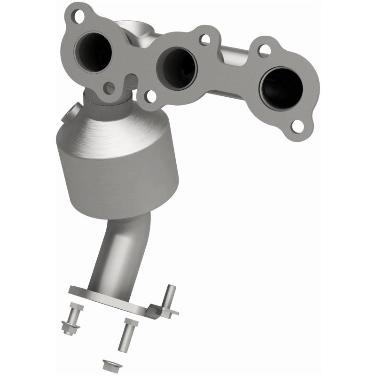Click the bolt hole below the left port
[109, 88]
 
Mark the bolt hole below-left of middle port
[150, 97]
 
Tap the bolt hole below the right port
[297, 125]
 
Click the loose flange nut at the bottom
[108, 364]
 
